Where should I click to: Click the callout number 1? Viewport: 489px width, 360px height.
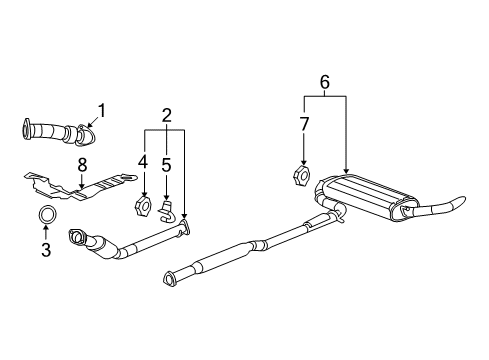click(x=101, y=110)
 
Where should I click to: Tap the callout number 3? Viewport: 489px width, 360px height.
click(x=46, y=250)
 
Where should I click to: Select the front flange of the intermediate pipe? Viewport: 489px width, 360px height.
click(x=172, y=277)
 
